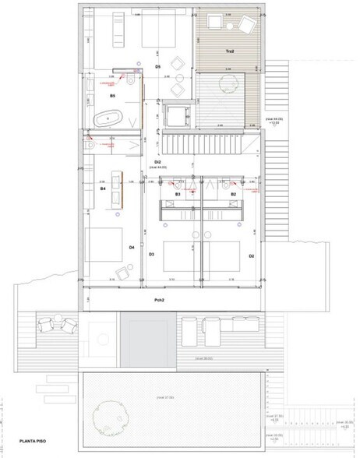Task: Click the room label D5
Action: pos(157,68)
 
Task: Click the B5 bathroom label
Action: pos(112,95)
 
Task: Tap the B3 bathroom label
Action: pos(178,194)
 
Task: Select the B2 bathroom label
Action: pos(233,194)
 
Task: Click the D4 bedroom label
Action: pos(132,248)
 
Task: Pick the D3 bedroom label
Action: pos(151,255)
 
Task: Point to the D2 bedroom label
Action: pos(251,255)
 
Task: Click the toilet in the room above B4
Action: pos(92,145)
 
